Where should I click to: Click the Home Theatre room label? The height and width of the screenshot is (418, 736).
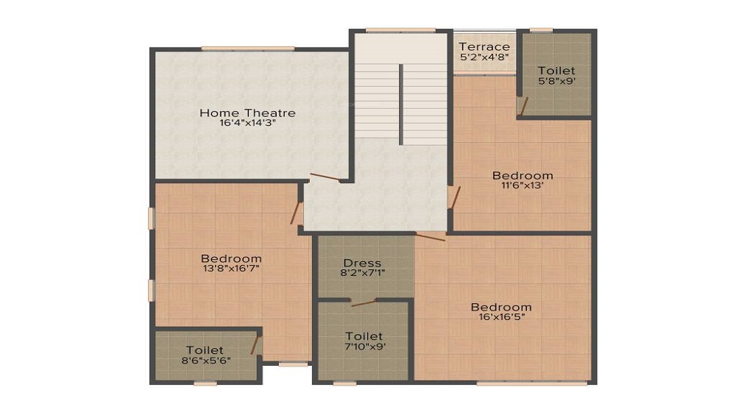coord(247,113)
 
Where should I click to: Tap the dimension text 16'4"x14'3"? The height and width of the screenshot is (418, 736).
coord(247,124)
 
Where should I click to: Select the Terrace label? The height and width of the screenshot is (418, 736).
coord(484,46)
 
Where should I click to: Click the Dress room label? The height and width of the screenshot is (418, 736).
coord(362,263)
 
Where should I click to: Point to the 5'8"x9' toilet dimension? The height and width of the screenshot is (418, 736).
coord(556,81)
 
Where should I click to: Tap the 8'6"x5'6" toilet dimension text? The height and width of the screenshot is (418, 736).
coord(205,361)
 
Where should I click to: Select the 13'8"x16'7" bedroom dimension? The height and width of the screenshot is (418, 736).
coord(231,269)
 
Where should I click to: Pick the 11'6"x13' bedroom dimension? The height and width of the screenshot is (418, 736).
coord(523,185)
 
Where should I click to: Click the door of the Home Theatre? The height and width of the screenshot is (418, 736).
coord(325,177)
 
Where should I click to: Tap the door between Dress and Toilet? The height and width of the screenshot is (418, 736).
coord(364,302)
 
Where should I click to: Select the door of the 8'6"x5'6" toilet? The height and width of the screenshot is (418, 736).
coord(255,344)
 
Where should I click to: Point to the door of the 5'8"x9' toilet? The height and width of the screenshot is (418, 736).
coord(523,107)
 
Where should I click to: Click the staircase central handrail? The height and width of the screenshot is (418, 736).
coord(401,104)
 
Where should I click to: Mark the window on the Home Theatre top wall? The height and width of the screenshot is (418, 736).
coord(248,49)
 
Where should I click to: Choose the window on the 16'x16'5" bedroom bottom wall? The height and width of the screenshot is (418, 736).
coord(532,383)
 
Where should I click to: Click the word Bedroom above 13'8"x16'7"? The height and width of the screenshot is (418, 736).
coord(231,258)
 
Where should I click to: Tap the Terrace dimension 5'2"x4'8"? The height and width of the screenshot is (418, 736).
coord(484,57)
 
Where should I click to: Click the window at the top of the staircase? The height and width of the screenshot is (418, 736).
coord(400,30)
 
